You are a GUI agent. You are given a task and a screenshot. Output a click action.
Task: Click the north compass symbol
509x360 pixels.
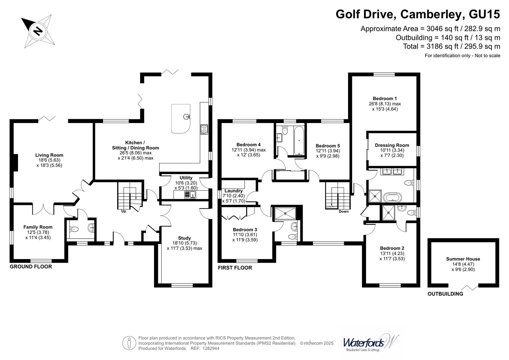(x=38, y=31)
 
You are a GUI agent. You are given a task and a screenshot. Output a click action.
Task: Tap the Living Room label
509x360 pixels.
(x=49, y=155)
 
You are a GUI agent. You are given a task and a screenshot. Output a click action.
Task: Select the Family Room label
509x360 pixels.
(x=38, y=227)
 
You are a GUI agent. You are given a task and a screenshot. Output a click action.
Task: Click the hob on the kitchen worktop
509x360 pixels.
(x=204, y=129)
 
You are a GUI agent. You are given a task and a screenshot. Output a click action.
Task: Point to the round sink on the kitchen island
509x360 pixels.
(x=186, y=117)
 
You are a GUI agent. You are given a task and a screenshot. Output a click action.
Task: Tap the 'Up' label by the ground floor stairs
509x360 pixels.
(x=123, y=211)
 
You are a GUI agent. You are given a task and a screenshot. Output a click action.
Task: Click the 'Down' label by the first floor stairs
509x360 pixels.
(x=343, y=211)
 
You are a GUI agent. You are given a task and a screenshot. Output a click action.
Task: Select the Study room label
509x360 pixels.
(x=184, y=238)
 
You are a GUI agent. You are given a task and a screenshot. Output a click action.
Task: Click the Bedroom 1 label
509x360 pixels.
(x=385, y=98)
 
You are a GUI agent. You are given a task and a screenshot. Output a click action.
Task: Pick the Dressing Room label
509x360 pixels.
(x=392, y=145)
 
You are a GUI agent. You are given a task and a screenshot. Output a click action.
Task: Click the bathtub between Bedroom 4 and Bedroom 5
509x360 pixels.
(x=299, y=140)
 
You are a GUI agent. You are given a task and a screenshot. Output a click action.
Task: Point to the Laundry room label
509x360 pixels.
(x=234, y=191)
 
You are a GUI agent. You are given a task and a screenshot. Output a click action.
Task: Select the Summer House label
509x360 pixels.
(x=463, y=259)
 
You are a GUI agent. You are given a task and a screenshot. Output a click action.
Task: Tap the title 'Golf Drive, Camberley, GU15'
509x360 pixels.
(x=418, y=14)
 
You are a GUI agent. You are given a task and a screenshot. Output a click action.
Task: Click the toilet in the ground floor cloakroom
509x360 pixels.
(x=74, y=229)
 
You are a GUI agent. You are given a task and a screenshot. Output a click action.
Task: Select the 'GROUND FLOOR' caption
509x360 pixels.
(x=31, y=267)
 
